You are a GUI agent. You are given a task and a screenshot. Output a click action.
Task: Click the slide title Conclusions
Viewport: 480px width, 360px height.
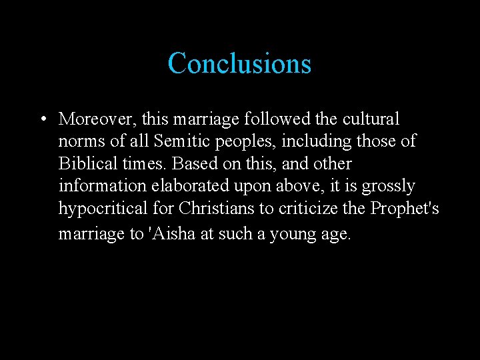click(x=239, y=63)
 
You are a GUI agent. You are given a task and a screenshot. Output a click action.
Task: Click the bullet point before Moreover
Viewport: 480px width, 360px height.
click(x=42, y=120)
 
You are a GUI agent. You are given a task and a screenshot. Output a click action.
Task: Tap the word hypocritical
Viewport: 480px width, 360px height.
click(x=102, y=209)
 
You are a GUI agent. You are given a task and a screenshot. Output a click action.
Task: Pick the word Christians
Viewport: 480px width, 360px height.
click(x=217, y=209)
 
